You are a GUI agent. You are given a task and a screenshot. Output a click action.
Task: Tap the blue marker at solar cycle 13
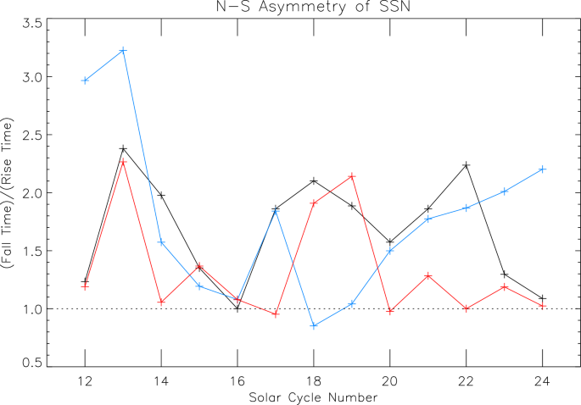coord(123,51)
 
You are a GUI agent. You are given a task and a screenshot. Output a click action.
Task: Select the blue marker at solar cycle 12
coord(85,80)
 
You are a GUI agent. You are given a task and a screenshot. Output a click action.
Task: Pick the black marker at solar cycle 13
coord(123,149)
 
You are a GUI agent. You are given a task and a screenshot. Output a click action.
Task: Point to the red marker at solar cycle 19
coord(352,176)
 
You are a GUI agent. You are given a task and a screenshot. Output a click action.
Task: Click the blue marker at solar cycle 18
coord(314,326)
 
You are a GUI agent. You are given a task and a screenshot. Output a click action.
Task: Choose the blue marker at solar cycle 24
coord(543,169)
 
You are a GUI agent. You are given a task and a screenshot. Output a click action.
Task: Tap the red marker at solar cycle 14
coord(161,302)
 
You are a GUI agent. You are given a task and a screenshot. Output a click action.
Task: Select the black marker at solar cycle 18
coord(314,180)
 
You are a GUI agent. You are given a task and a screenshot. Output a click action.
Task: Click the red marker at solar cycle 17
coord(276,314)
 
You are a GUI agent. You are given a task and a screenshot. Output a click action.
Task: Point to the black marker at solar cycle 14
coord(161,196)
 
